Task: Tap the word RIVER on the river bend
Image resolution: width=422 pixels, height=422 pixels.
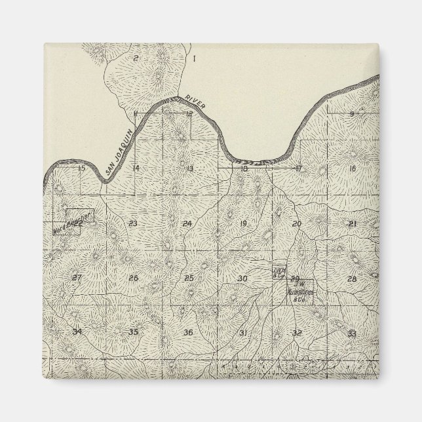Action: click(197, 102)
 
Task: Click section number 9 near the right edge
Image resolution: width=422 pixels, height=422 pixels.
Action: click(352, 114)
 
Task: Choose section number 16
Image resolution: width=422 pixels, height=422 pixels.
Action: click(353, 169)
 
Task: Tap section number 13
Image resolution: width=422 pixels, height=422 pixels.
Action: click(189, 169)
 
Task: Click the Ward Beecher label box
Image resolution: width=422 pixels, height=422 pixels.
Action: click(73, 223)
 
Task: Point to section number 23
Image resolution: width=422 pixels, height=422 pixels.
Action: click(133, 223)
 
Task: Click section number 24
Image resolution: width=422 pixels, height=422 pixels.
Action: click(187, 224)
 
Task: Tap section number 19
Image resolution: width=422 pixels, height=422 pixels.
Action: click(243, 224)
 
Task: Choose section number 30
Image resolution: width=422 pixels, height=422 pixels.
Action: click(242, 278)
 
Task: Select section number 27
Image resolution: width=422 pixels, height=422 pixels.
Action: click(77, 278)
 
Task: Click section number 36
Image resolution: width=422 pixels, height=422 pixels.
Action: click(188, 333)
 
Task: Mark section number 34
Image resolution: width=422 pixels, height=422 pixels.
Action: click(77, 332)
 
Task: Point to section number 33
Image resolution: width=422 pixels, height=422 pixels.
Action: click(352, 334)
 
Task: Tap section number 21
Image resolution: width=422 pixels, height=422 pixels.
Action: click(353, 224)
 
